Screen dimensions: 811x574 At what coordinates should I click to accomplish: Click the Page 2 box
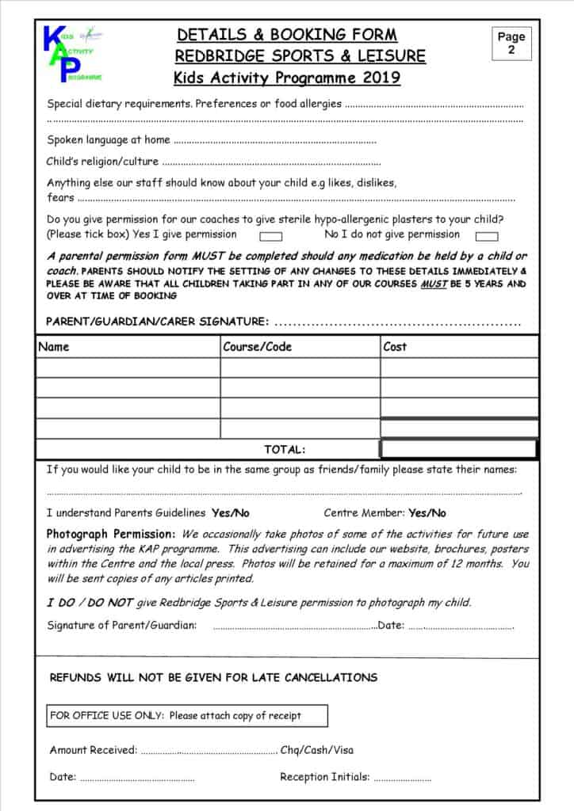511,44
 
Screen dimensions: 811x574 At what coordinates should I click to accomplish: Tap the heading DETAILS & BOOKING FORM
286,35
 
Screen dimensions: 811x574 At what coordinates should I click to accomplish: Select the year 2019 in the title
381,78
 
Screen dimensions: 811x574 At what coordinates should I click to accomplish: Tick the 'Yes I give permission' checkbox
271,235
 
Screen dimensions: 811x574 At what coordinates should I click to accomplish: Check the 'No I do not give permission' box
486,235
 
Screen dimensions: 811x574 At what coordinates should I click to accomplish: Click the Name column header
54,347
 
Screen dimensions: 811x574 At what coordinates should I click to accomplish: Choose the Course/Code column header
257,347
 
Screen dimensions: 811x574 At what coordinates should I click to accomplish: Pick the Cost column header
395,347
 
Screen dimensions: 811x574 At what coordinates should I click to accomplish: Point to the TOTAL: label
285,449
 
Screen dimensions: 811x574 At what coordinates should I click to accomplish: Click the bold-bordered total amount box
458,449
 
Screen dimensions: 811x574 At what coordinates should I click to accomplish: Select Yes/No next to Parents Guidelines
230,513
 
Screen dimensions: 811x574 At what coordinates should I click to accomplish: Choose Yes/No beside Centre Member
427,513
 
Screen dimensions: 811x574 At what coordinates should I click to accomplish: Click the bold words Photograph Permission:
111,534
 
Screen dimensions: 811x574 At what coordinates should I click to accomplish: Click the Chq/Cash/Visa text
317,750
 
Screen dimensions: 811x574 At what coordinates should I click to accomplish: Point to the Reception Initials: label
325,777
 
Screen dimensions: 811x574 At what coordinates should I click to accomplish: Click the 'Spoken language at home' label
109,140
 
